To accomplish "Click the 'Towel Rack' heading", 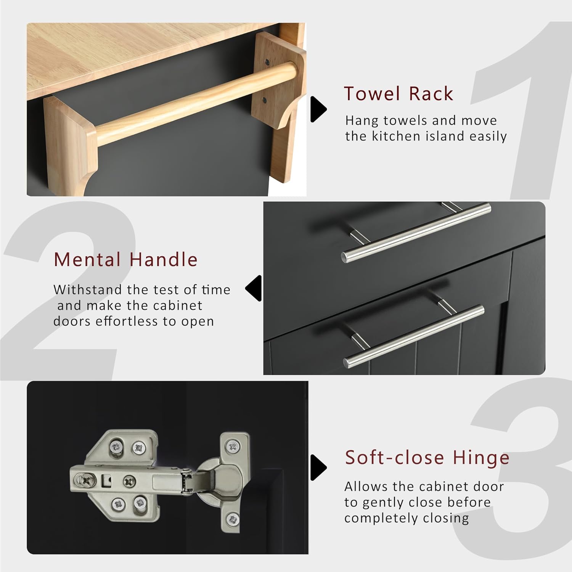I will (398, 94).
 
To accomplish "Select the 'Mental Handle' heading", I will (125, 260).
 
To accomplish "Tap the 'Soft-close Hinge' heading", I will (427, 457).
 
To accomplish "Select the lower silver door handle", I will (414, 334).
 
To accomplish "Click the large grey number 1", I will (522, 111).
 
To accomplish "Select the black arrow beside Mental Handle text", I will (253, 288).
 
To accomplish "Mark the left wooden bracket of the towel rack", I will (69, 141).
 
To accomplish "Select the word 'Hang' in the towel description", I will (358, 121).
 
